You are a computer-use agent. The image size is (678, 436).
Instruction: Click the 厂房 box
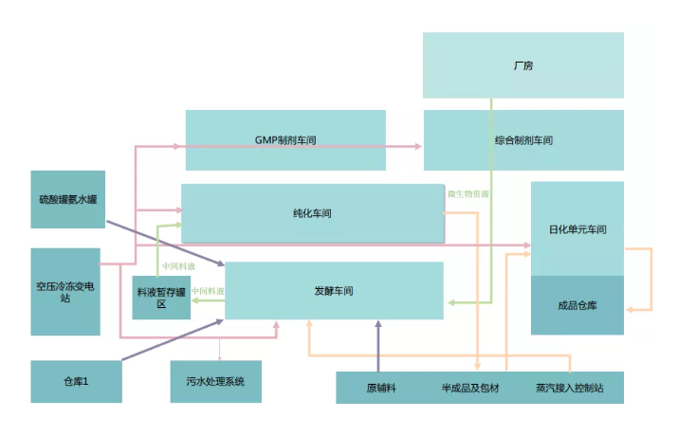522,65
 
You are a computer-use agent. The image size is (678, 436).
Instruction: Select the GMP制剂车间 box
284,140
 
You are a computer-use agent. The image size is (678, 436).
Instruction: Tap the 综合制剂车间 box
522,140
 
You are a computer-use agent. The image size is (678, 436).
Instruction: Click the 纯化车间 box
312,213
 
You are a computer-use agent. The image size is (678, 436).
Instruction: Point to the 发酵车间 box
333,291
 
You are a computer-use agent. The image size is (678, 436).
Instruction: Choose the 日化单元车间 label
577,229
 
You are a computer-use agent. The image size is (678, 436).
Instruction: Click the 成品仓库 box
577,305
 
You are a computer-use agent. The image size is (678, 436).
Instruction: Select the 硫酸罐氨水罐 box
67,199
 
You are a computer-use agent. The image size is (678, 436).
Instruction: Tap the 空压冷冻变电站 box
65,291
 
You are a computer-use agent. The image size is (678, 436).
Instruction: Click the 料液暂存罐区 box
160,299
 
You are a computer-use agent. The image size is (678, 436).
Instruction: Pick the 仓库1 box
76,381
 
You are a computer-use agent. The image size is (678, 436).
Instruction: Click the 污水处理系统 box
215,381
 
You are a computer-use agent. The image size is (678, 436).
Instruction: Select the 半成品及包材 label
467,389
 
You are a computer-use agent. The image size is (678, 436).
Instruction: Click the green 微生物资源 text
468,194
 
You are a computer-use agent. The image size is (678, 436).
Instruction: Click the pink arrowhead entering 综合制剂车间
417,146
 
